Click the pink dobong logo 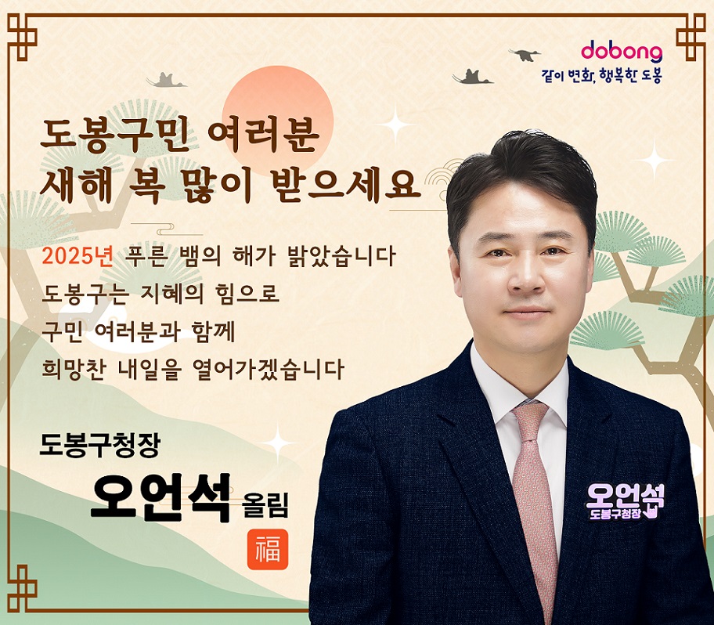[622, 52]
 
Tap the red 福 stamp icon [268, 549]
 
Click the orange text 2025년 [78, 256]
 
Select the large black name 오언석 [161, 497]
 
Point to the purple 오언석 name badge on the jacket [625, 502]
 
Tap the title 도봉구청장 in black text [99, 445]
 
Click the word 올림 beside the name [266, 504]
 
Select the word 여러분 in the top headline [263, 135]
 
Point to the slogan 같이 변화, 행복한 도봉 [601, 76]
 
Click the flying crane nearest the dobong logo [525, 54]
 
